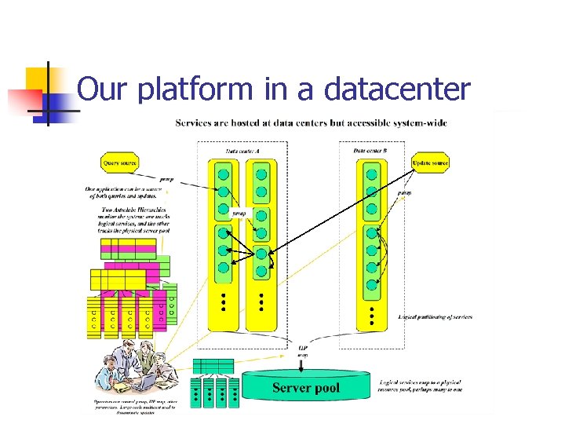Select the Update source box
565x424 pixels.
point(430,163)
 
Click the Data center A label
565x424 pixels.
point(244,151)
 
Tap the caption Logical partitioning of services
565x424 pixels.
point(435,317)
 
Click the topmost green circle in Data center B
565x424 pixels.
point(372,174)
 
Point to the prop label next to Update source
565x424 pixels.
point(405,192)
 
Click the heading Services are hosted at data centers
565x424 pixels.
point(311,123)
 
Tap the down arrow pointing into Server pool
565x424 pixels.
point(303,364)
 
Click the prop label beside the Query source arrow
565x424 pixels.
point(167,180)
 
